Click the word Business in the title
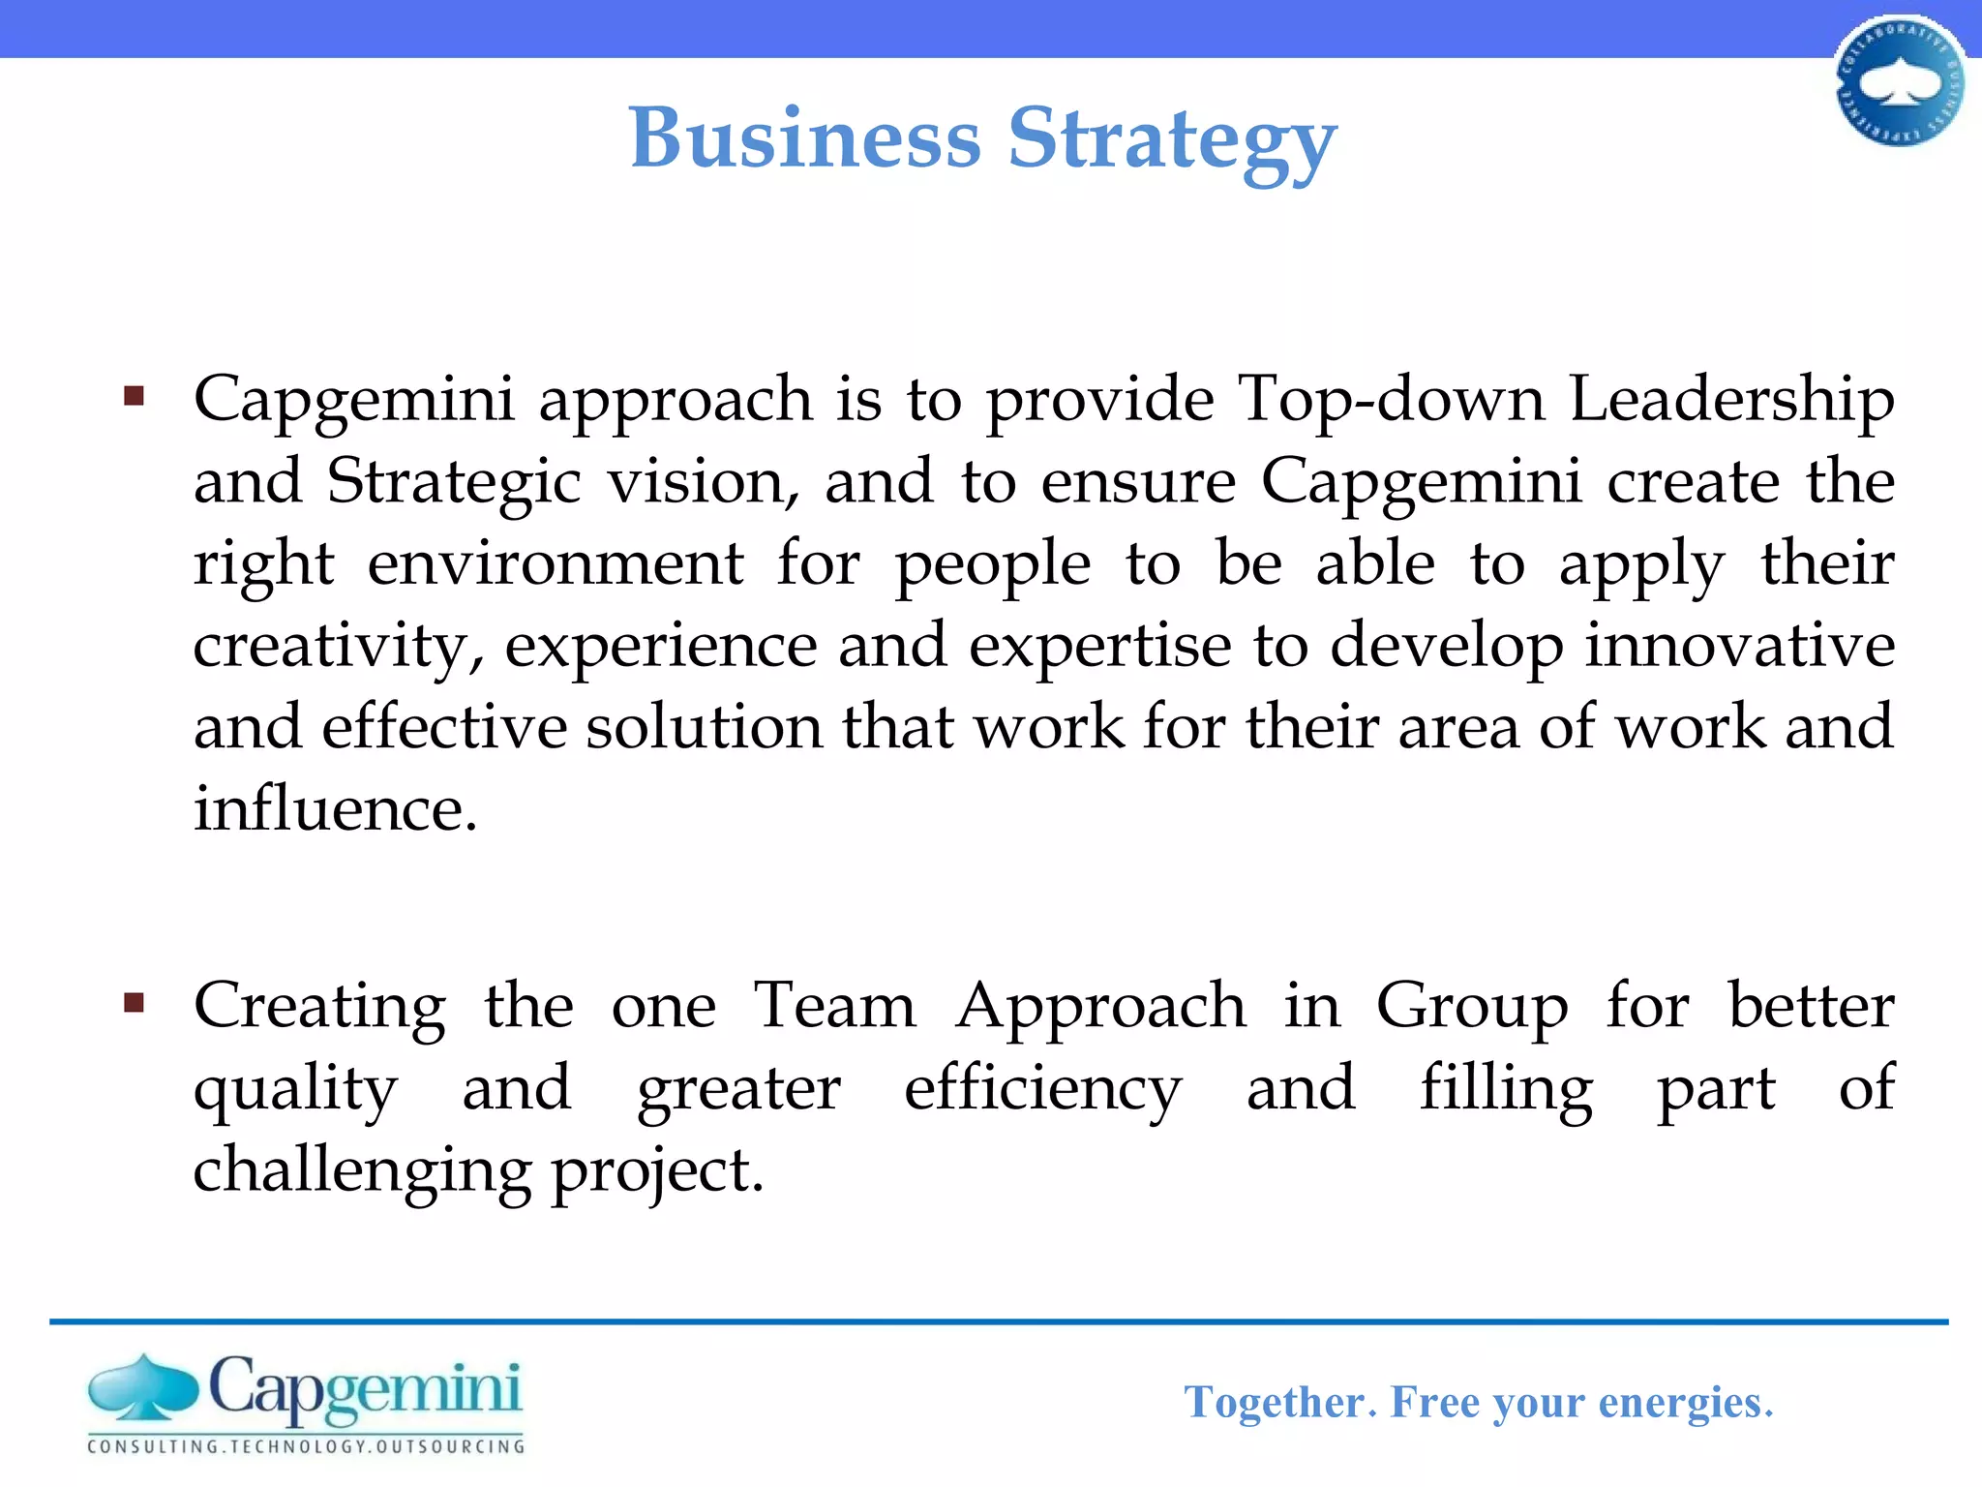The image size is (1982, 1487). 805,137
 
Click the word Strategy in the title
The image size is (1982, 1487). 1172,141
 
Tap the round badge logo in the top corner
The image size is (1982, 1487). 1899,83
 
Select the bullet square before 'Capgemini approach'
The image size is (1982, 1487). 135,396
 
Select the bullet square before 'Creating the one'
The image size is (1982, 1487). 135,1002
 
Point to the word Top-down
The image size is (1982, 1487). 1392,399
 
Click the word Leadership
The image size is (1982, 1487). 1731,401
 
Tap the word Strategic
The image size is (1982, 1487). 453,483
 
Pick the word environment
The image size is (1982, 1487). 556,563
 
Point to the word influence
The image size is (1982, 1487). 335,808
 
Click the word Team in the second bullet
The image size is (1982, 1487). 834,1006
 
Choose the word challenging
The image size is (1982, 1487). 362,1171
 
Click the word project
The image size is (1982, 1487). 657,1171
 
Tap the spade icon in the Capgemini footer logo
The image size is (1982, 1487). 142,1386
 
